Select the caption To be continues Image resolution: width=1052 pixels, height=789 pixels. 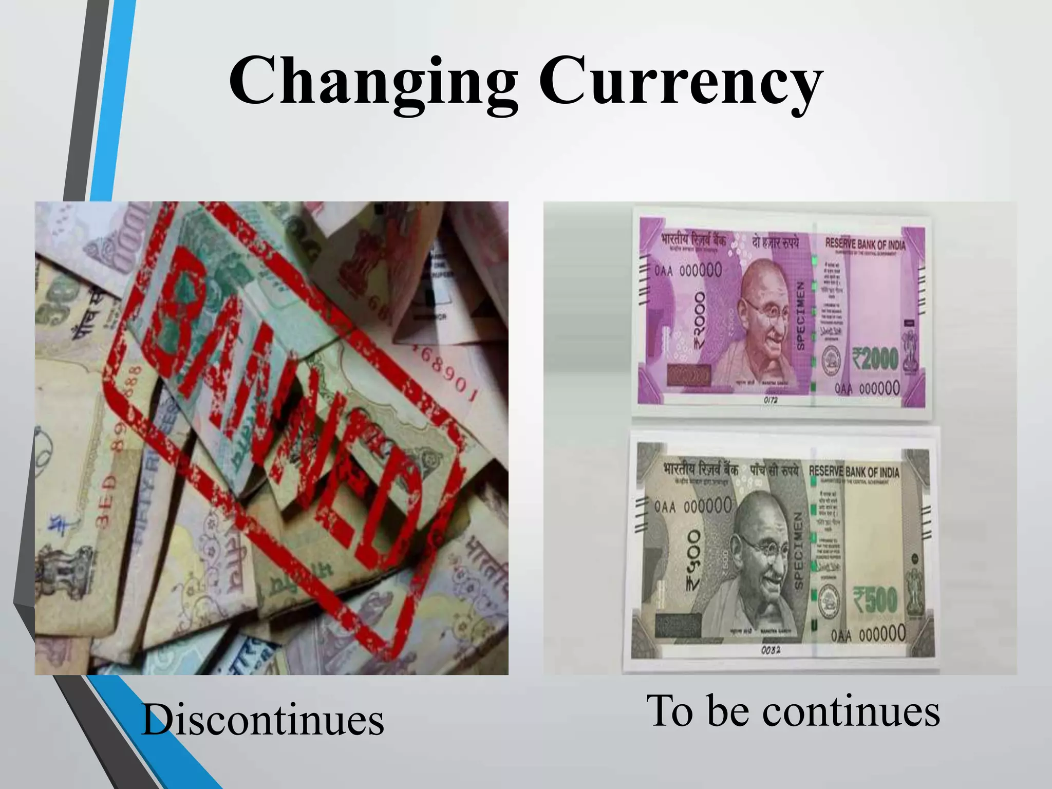[793, 711]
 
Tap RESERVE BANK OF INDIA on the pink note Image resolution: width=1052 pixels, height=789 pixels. [865, 242]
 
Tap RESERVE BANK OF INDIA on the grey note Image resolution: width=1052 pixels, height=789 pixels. [854, 472]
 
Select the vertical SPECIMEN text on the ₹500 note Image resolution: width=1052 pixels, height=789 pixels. [798, 550]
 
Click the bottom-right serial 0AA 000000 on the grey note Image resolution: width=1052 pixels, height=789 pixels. [868, 634]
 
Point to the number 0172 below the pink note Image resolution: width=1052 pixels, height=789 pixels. [771, 399]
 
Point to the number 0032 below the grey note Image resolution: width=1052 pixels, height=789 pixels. [771, 650]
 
